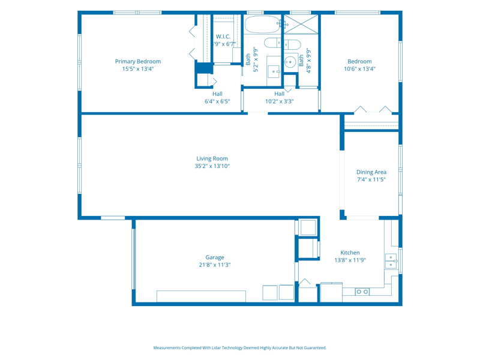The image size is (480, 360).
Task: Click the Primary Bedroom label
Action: coord(138,61)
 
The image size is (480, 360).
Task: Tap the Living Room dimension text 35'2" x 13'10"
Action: coord(212,166)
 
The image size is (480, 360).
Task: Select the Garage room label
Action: coord(215,257)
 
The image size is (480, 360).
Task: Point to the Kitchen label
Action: coord(350,253)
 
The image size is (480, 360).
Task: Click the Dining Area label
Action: coord(371,172)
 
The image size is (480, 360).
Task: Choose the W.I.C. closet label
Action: coord(223,37)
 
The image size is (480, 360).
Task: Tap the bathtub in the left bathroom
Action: coord(262,25)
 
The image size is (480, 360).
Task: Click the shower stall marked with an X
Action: coord(301,24)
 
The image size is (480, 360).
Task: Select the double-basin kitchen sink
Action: coord(391,261)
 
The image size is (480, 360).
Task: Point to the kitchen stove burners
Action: coord(362,292)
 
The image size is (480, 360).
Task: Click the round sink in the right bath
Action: coord(290,62)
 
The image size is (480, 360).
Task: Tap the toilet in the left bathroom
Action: coord(273,43)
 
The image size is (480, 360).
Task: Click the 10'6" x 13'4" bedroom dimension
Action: coord(359,69)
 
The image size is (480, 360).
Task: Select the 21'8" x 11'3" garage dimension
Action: coord(215,265)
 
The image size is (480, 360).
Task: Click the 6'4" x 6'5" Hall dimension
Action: coord(217,101)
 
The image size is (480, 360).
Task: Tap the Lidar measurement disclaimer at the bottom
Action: coord(239,348)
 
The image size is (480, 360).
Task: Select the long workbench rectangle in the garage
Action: coord(201,296)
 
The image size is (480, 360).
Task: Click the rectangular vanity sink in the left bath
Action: coord(274,71)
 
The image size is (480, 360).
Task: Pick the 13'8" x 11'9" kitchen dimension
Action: coord(350,260)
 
